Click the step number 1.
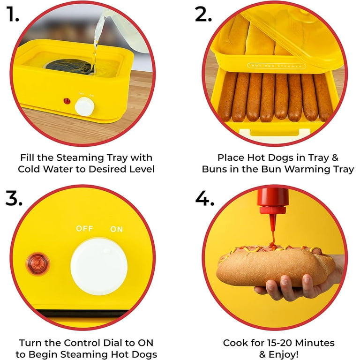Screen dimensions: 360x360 click(12, 14)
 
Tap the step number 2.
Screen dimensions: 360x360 click(203, 14)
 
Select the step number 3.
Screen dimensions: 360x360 click(14, 198)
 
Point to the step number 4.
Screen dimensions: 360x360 click(204, 198)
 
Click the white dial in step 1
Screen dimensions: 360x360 click(84, 106)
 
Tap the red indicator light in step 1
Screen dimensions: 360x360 click(67, 101)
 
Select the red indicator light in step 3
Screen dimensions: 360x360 click(38, 264)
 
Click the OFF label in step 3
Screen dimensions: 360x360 click(84, 228)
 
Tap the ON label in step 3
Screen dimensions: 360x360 click(117, 229)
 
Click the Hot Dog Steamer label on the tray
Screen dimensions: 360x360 click(277, 66)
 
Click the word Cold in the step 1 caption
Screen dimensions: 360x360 click(29, 169)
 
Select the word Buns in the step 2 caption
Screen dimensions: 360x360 click(215, 169)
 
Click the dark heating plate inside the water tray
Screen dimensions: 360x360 click(69, 67)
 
